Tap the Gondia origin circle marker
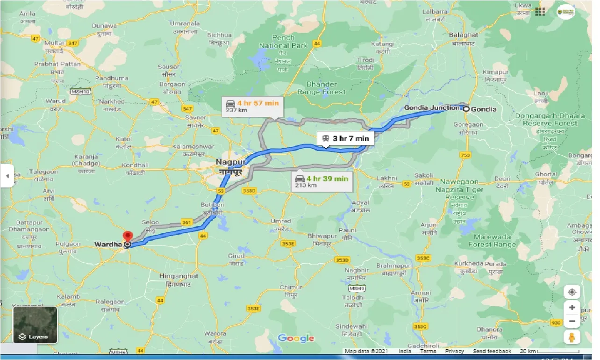click(466, 109)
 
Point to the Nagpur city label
click(230, 162)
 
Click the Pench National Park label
click(283, 42)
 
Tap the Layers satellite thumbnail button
click(35, 324)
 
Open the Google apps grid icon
click(540, 12)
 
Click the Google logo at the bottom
click(296, 338)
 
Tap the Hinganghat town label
click(179, 276)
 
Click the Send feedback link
click(492, 351)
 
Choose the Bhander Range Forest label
click(321, 88)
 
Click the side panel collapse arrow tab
click(7, 176)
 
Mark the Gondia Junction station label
click(431, 108)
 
